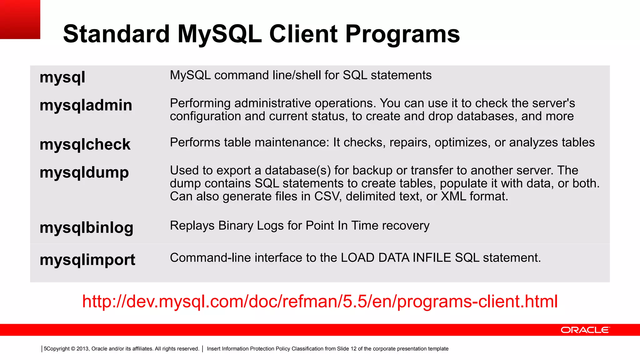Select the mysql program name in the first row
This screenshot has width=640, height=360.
point(62,77)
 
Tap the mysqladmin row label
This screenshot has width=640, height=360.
point(86,105)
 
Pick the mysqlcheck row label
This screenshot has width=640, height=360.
point(85,144)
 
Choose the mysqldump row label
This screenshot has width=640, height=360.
point(84,172)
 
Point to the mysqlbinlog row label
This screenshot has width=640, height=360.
point(87,227)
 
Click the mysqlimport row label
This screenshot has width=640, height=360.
point(87,260)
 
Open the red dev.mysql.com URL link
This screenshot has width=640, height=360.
point(320,301)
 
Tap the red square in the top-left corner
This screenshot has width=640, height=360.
point(20,19)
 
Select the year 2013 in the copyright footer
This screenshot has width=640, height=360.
point(82,349)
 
